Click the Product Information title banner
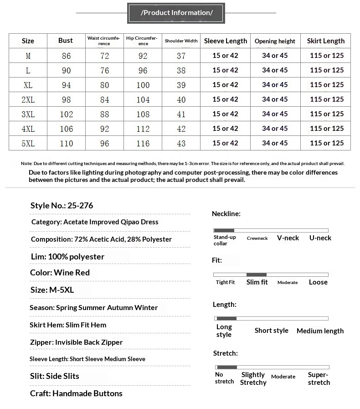(176, 13)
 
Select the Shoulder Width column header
(181, 41)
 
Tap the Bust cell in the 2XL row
(66, 99)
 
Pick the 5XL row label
(28, 143)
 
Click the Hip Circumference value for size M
(143, 56)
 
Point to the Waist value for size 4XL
(104, 129)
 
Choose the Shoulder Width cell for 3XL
(181, 114)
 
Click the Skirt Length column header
(325, 41)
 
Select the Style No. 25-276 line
(62, 206)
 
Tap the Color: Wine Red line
(60, 273)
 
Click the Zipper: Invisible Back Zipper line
(76, 342)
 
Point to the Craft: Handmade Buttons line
(76, 393)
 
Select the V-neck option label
(288, 238)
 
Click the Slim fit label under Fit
(257, 282)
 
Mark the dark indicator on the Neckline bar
(224, 231)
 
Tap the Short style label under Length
(271, 331)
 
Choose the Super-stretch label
(319, 378)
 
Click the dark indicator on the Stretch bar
(227, 367)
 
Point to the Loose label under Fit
(318, 282)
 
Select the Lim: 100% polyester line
(67, 257)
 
